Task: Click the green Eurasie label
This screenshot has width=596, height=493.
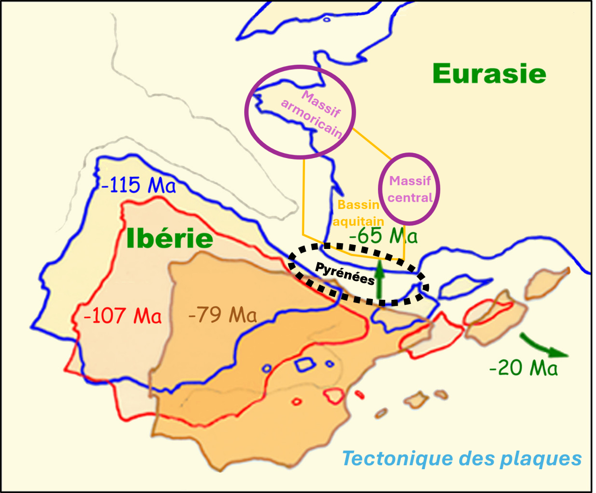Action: click(489, 74)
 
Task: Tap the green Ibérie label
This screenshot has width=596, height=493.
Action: click(169, 239)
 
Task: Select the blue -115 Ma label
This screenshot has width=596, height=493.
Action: click(138, 185)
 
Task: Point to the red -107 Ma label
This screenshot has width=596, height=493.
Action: click(122, 316)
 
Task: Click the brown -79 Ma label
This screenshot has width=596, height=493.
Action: click(222, 316)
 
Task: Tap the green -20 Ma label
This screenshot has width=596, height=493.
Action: click(523, 368)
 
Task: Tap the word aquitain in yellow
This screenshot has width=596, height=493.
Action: click(359, 222)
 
